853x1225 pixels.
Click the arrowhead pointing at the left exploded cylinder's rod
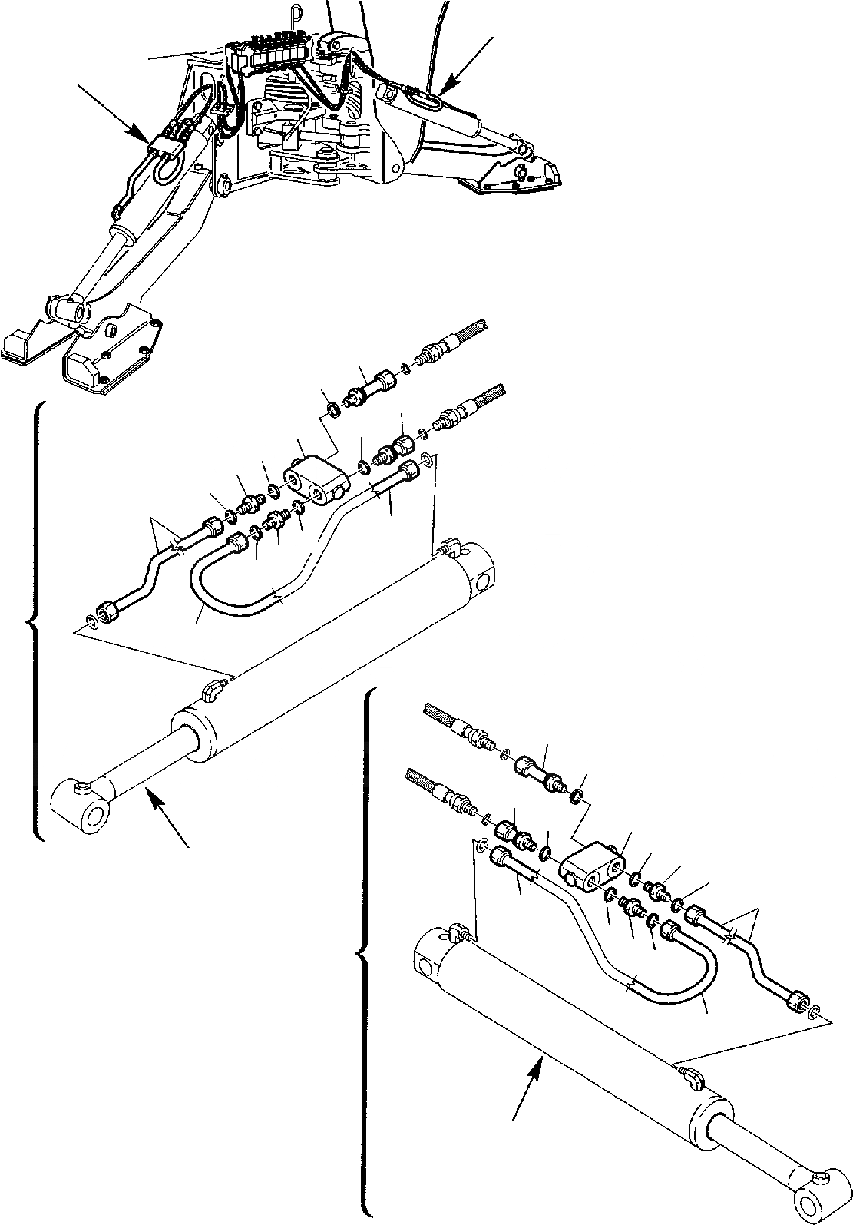[x=154, y=802]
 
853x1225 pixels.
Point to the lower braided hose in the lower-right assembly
[x=423, y=779]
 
